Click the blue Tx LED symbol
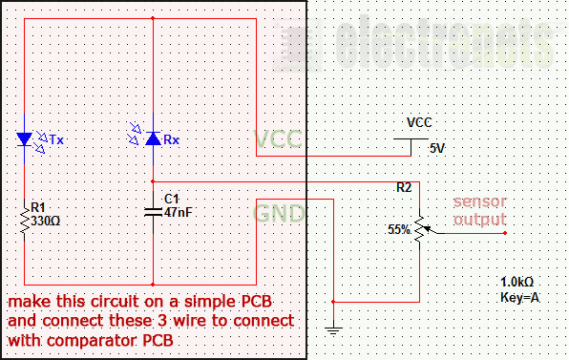pos(26,139)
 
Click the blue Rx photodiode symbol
pos(153,139)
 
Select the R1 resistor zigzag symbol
pos(26,222)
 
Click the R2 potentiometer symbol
pos(420,229)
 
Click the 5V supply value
pos(436,149)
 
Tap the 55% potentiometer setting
pos(399,229)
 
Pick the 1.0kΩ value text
pos(516,283)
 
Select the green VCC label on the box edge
pos(279,140)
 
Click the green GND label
pos(280,212)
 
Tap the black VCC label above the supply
pos(419,123)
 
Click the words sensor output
pos(480,211)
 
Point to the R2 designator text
pos(404,188)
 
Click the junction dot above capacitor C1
pos(153,178)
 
